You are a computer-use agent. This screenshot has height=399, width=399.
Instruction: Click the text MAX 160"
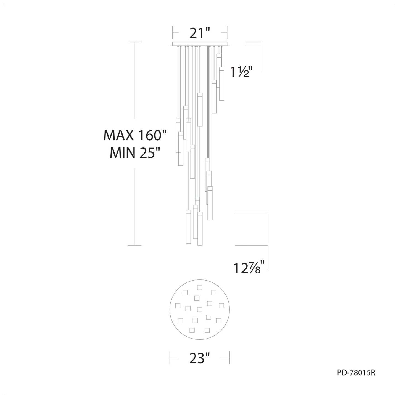pyautogui.click(x=135, y=135)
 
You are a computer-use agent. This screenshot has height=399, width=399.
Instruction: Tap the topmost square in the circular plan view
pyautogui.click(x=199, y=287)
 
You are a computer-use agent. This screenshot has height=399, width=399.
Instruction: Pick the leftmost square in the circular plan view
pyautogui.click(x=178, y=306)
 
